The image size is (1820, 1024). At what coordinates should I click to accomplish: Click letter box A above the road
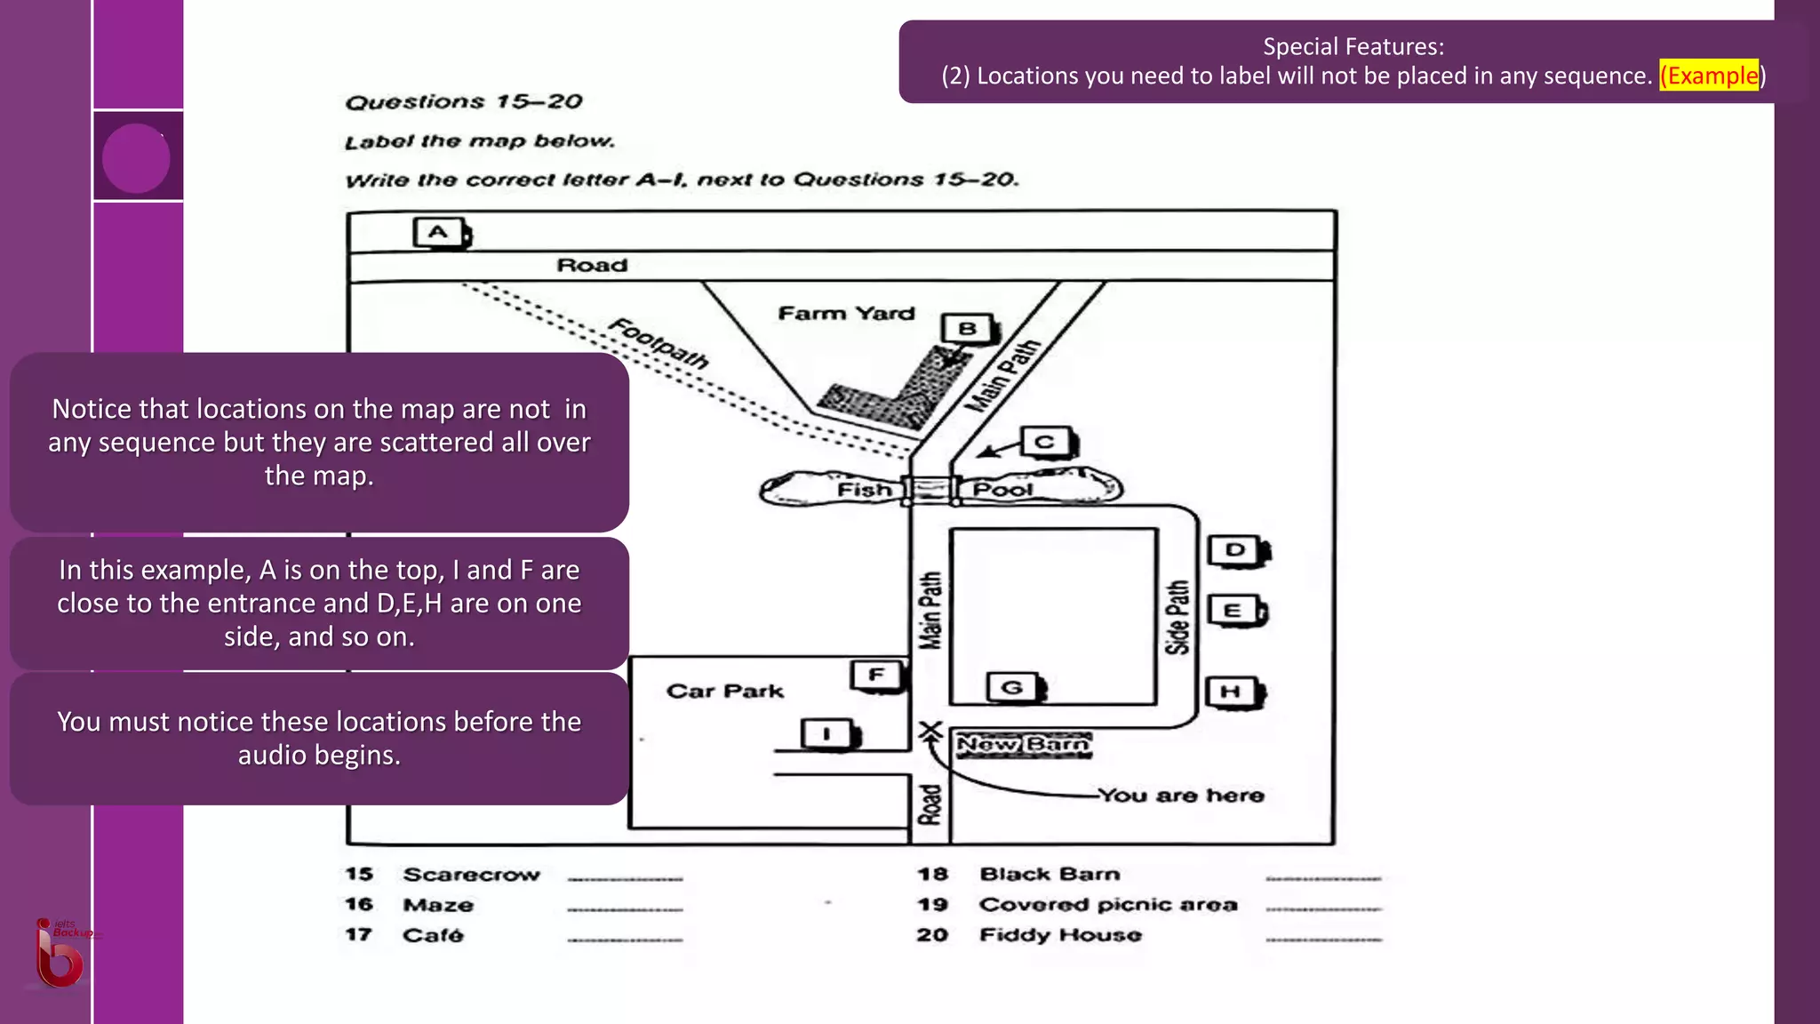coord(439,233)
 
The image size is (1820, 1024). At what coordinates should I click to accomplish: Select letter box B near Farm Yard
coord(968,329)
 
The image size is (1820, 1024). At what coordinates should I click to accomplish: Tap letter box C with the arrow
coord(1046,442)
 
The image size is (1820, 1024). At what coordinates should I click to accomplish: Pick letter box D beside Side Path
coord(1236,550)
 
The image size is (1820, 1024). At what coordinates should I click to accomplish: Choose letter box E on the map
coord(1233,611)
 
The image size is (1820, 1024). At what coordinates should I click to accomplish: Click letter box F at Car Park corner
coord(877,675)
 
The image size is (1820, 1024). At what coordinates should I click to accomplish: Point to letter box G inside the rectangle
coord(1013,687)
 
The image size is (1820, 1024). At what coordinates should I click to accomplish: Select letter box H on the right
coord(1232,692)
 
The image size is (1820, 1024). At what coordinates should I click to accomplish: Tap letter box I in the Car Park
coord(827,734)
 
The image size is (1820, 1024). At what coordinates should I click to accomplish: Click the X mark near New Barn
coord(930,731)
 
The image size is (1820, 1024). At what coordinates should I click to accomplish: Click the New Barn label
coord(1024,745)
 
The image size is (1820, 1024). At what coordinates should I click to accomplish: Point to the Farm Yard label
coord(846,313)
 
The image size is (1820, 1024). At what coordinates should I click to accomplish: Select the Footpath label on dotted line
coord(659,343)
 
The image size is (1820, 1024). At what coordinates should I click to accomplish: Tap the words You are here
coord(1181,796)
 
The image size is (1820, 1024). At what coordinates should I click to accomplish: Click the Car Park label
coord(725,692)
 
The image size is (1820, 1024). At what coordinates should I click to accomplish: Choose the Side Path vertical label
coord(1177,617)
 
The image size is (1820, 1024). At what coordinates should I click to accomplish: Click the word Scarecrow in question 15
coord(471,875)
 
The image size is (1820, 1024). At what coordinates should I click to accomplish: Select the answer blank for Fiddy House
coord(1323,938)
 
